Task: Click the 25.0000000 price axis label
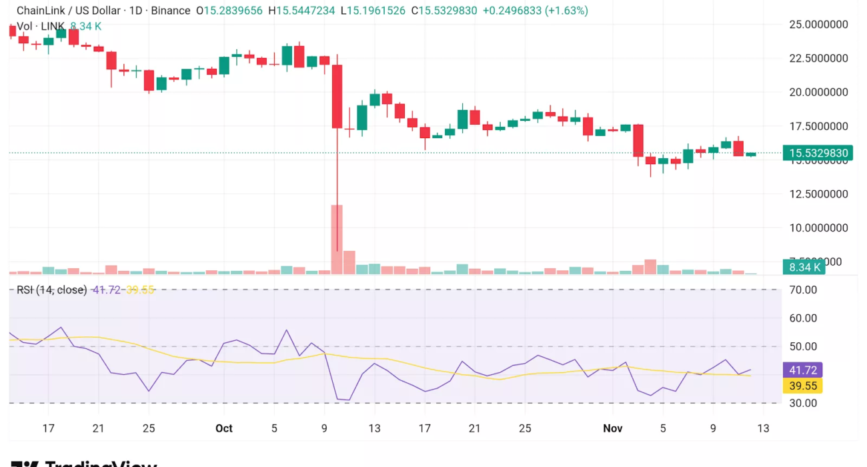819,25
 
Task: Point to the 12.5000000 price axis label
819,194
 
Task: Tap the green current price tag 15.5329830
818,153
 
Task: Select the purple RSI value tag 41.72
804,370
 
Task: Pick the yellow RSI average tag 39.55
804,386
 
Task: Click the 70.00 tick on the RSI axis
803,290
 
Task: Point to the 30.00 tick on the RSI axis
803,403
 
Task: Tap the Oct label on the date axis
224,428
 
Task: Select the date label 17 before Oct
48,428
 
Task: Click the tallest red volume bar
337,239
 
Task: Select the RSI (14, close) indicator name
53,290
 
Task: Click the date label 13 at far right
763,428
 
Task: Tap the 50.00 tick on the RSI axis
803,346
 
